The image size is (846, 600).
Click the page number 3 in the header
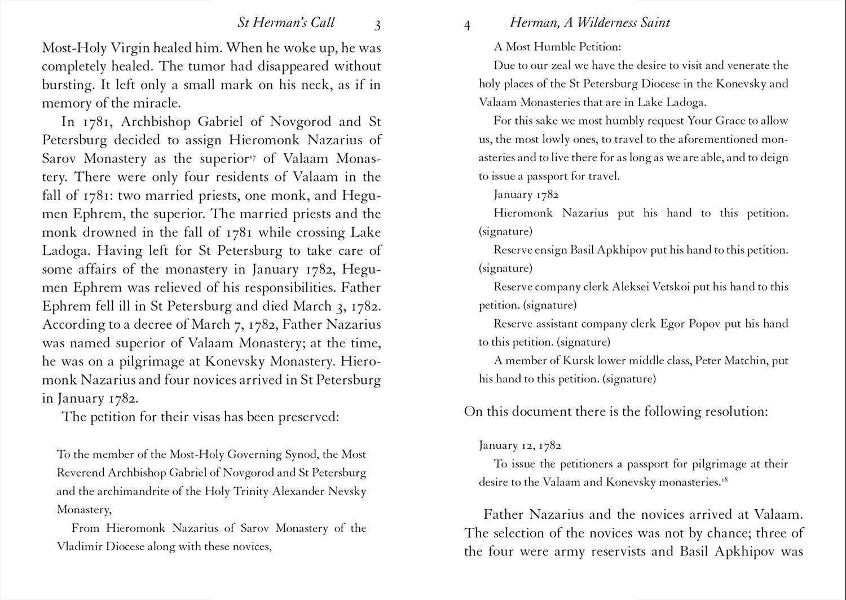[x=377, y=25]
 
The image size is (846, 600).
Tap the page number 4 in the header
[x=467, y=25]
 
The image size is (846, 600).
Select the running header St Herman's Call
[x=286, y=23]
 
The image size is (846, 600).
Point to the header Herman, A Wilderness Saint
[x=589, y=23]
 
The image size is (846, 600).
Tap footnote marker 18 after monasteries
[x=722, y=479]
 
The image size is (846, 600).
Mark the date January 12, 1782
[x=519, y=445]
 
